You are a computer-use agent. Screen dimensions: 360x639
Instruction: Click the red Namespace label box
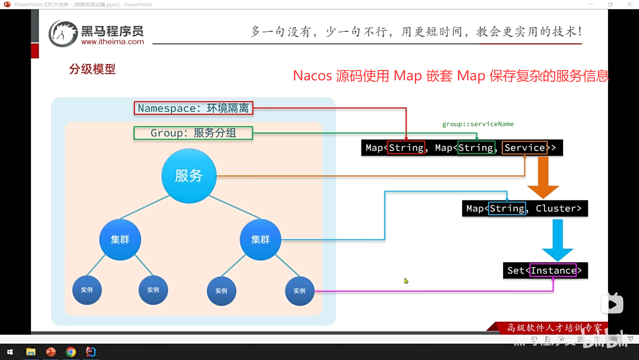(193, 108)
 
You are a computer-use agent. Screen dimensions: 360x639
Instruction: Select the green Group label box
(193, 133)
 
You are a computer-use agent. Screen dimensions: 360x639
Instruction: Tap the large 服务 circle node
(189, 176)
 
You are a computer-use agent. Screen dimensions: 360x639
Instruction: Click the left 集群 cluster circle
(120, 239)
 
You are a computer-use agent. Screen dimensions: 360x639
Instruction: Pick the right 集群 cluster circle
(260, 239)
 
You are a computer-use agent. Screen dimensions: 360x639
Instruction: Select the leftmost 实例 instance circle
(87, 290)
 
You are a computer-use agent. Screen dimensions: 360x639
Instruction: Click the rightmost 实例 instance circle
(300, 291)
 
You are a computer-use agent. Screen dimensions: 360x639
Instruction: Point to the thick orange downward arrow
(543, 177)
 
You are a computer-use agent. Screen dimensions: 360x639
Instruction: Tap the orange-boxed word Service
(525, 148)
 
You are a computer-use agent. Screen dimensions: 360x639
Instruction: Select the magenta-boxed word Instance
(553, 270)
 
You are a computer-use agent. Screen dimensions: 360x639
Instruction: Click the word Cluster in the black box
(558, 208)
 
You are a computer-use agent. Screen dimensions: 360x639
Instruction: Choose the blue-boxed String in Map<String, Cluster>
(507, 208)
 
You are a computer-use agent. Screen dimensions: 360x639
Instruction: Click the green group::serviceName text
(478, 124)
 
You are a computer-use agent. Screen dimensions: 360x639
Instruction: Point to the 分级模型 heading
(92, 69)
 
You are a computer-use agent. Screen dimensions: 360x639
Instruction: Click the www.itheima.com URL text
(112, 42)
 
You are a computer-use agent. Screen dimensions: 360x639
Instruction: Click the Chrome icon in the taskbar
(71, 352)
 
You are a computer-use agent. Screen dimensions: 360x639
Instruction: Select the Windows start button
(10, 352)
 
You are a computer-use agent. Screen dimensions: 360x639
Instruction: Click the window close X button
(629, 4)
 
